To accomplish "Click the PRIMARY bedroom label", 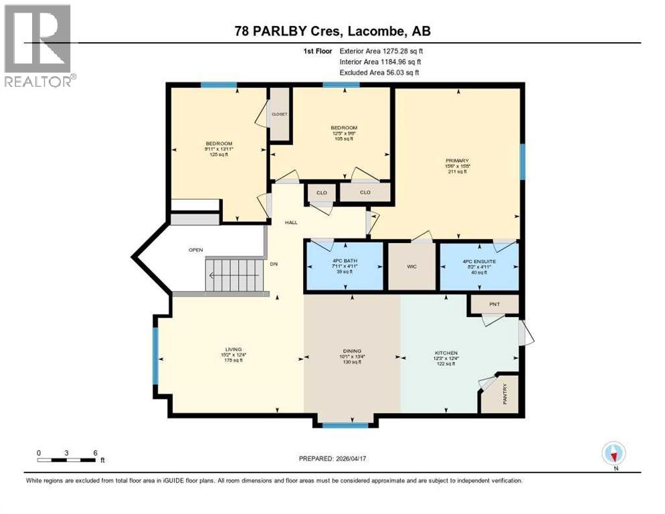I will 457,161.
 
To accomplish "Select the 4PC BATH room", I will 344,266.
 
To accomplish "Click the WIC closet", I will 413,266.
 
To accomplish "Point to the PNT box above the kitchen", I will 494,305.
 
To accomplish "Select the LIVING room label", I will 233,349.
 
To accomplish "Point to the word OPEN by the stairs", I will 195,250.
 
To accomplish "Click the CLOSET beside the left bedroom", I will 279,114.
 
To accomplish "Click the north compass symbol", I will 613,454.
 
